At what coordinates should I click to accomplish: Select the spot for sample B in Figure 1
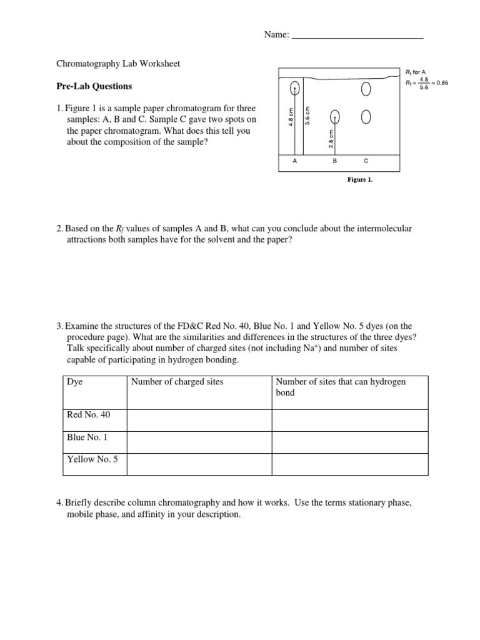[x=335, y=116]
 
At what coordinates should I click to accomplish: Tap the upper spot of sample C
[x=366, y=89]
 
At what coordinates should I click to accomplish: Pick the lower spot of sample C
[x=366, y=116]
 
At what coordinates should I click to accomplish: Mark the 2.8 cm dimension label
[x=331, y=138]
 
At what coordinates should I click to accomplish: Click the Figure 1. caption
[x=360, y=179]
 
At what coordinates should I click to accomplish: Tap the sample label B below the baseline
[x=334, y=161]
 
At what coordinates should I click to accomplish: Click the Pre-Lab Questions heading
[x=94, y=86]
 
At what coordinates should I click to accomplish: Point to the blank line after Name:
[x=357, y=36]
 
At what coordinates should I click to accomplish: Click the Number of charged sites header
[x=176, y=382]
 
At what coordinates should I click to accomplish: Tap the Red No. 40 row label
[x=87, y=414]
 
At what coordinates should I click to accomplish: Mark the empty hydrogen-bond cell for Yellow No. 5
[x=349, y=464]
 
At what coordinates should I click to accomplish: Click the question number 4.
[x=59, y=502]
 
